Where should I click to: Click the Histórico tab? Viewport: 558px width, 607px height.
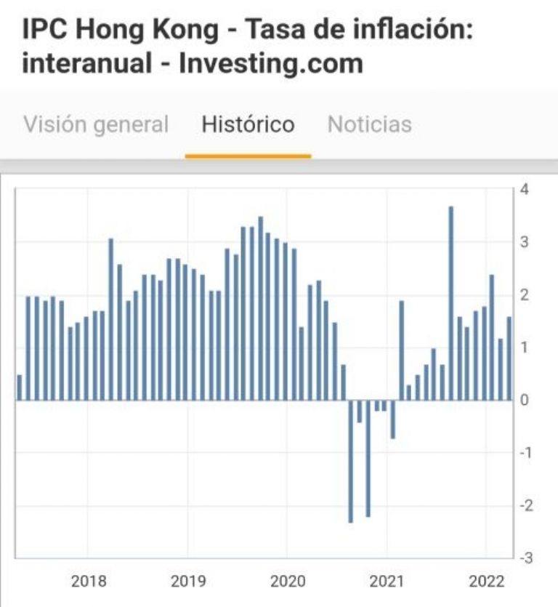(x=248, y=124)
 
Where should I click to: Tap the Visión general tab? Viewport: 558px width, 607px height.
(x=96, y=124)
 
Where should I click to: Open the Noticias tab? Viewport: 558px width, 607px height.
(x=370, y=124)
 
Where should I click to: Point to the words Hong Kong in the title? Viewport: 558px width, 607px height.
(x=156, y=30)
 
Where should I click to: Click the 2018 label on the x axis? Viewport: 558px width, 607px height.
(x=89, y=582)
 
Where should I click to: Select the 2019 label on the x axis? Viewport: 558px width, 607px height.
(x=187, y=582)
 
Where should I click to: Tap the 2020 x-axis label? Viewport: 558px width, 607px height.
(x=287, y=582)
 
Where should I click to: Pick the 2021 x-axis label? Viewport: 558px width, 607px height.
(x=387, y=582)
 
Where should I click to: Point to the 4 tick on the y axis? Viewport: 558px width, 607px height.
(x=525, y=190)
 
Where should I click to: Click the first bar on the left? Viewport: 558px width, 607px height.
(x=20, y=387)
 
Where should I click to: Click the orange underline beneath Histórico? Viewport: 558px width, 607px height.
(x=248, y=156)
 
